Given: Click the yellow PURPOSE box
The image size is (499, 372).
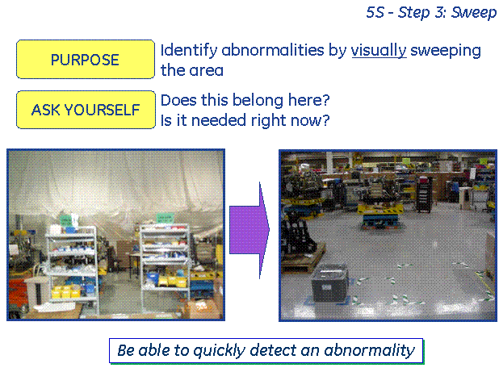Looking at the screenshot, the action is pyautogui.click(x=86, y=59).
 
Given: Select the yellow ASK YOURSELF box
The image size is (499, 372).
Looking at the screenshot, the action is pyautogui.click(x=86, y=110).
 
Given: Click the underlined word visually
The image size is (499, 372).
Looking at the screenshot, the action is pyautogui.click(x=379, y=51).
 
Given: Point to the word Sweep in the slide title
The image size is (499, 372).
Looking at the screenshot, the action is pyautogui.click(x=474, y=13).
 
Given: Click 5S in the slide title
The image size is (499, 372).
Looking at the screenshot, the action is pyautogui.click(x=375, y=12).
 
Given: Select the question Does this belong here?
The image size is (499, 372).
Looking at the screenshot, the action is pyautogui.click(x=245, y=100).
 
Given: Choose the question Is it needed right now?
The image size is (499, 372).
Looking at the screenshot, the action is pyautogui.click(x=245, y=120).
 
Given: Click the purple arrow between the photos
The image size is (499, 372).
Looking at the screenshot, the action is pyautogui.click(x=249, y=230).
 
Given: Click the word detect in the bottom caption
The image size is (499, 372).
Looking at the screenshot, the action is pyautogui.click(x=273, y=350).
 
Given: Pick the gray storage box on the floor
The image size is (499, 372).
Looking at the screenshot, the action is pyautogui.click(x=329, y=283).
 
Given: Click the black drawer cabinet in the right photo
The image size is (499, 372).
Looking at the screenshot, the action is pyautogui.click(x=424, y=194).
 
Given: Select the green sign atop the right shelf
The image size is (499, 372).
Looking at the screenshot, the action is pyautogui.click(x=165, y=218).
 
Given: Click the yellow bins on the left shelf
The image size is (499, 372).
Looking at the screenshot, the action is pyautogui.click(x=66, y=291).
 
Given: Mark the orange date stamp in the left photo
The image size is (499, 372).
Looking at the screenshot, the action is pyautogui.click(x=199, y=307).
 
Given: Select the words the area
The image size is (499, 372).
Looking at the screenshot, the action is pyautogui.click(x=192, y=70).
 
